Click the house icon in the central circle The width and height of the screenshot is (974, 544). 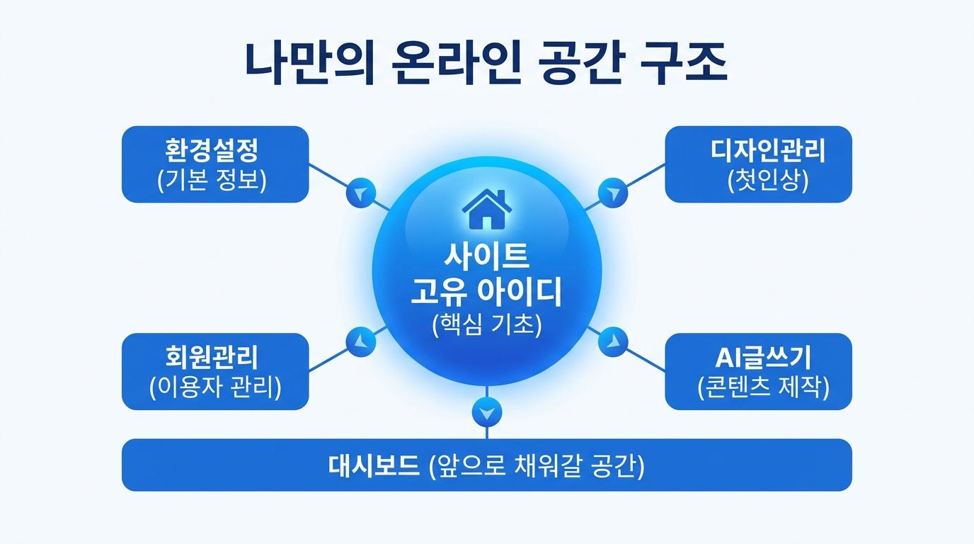486,210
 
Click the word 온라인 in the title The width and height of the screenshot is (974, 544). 457,64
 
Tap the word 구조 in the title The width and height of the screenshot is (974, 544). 684,64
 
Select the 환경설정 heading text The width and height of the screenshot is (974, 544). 212,150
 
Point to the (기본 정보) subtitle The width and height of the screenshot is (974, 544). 212,179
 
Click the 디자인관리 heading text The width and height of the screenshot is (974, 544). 767,150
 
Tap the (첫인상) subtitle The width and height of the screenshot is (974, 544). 767,179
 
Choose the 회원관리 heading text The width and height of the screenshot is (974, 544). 212,357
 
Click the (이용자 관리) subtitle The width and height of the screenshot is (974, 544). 215,387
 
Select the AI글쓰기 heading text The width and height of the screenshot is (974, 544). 763,358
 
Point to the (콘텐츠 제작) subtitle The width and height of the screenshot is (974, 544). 763,387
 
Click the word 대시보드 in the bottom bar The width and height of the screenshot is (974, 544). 374,465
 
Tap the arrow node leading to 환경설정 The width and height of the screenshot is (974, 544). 361,193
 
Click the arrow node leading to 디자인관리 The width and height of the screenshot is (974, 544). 613,193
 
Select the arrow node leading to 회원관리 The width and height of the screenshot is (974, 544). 361,341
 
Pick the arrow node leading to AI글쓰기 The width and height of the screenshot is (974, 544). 613,341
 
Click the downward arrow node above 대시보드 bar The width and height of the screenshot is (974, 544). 486,412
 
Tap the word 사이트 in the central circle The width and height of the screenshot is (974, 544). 486,256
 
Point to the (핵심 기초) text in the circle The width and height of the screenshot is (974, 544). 487,324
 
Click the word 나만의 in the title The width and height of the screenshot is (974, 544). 309,64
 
